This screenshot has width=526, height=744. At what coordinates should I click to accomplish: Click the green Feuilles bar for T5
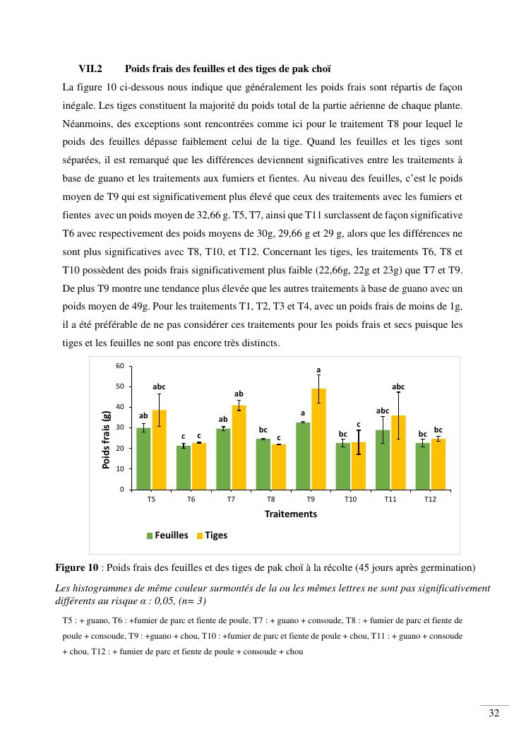[x=143, y=459]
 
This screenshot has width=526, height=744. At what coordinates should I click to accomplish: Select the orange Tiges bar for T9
[x=318, y=439]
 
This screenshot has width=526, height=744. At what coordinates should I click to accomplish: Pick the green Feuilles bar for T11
[x=383, y=459]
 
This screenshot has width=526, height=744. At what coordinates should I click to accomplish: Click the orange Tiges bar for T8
[x=279, y=466]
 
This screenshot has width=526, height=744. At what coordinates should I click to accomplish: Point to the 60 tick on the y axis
[x=119, y=366]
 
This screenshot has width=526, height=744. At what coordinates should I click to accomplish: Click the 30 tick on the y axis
[x=119, y=427]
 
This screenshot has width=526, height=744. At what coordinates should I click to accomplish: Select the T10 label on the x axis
[x=351, y=499]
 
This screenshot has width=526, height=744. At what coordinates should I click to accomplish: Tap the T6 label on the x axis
[x=191, y=499]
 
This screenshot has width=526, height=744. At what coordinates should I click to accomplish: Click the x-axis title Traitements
[x=291, y=514]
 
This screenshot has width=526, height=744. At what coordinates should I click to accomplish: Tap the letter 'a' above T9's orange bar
[x=318, y=370]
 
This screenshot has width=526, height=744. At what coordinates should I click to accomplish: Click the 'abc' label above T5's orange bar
[x=160, y=386]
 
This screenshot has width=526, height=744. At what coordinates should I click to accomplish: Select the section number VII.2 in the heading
[x=90, y=69]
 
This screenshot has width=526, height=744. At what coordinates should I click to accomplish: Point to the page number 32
[x=494, y=714]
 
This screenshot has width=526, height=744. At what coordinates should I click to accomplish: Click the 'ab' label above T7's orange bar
[x=239, y=394]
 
